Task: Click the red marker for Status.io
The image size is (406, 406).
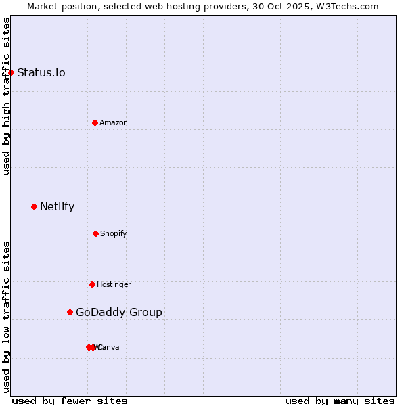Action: (11, 72)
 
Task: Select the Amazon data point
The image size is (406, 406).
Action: (95, 122)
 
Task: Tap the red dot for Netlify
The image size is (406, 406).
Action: (34, 206)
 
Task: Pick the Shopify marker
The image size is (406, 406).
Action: (95, 233)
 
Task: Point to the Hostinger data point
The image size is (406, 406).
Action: (92, 284)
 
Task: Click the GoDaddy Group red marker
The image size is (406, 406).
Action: (70, 312)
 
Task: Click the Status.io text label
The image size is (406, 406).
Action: (41, 72)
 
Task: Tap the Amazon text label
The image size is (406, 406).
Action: (114, 122)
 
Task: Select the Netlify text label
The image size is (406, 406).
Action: (58, 206)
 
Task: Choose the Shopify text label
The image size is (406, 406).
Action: (114, 233)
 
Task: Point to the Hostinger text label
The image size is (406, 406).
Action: (114, 284)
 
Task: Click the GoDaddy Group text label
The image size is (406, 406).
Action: (119, 312)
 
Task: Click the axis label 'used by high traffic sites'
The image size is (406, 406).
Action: (6, 96)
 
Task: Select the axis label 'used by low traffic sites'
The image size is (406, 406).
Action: (6, 317)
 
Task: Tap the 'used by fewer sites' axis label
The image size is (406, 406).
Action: (70, 401)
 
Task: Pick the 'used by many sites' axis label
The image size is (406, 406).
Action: (340, 401)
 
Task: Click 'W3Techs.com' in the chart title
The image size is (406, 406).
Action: (349, 6)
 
